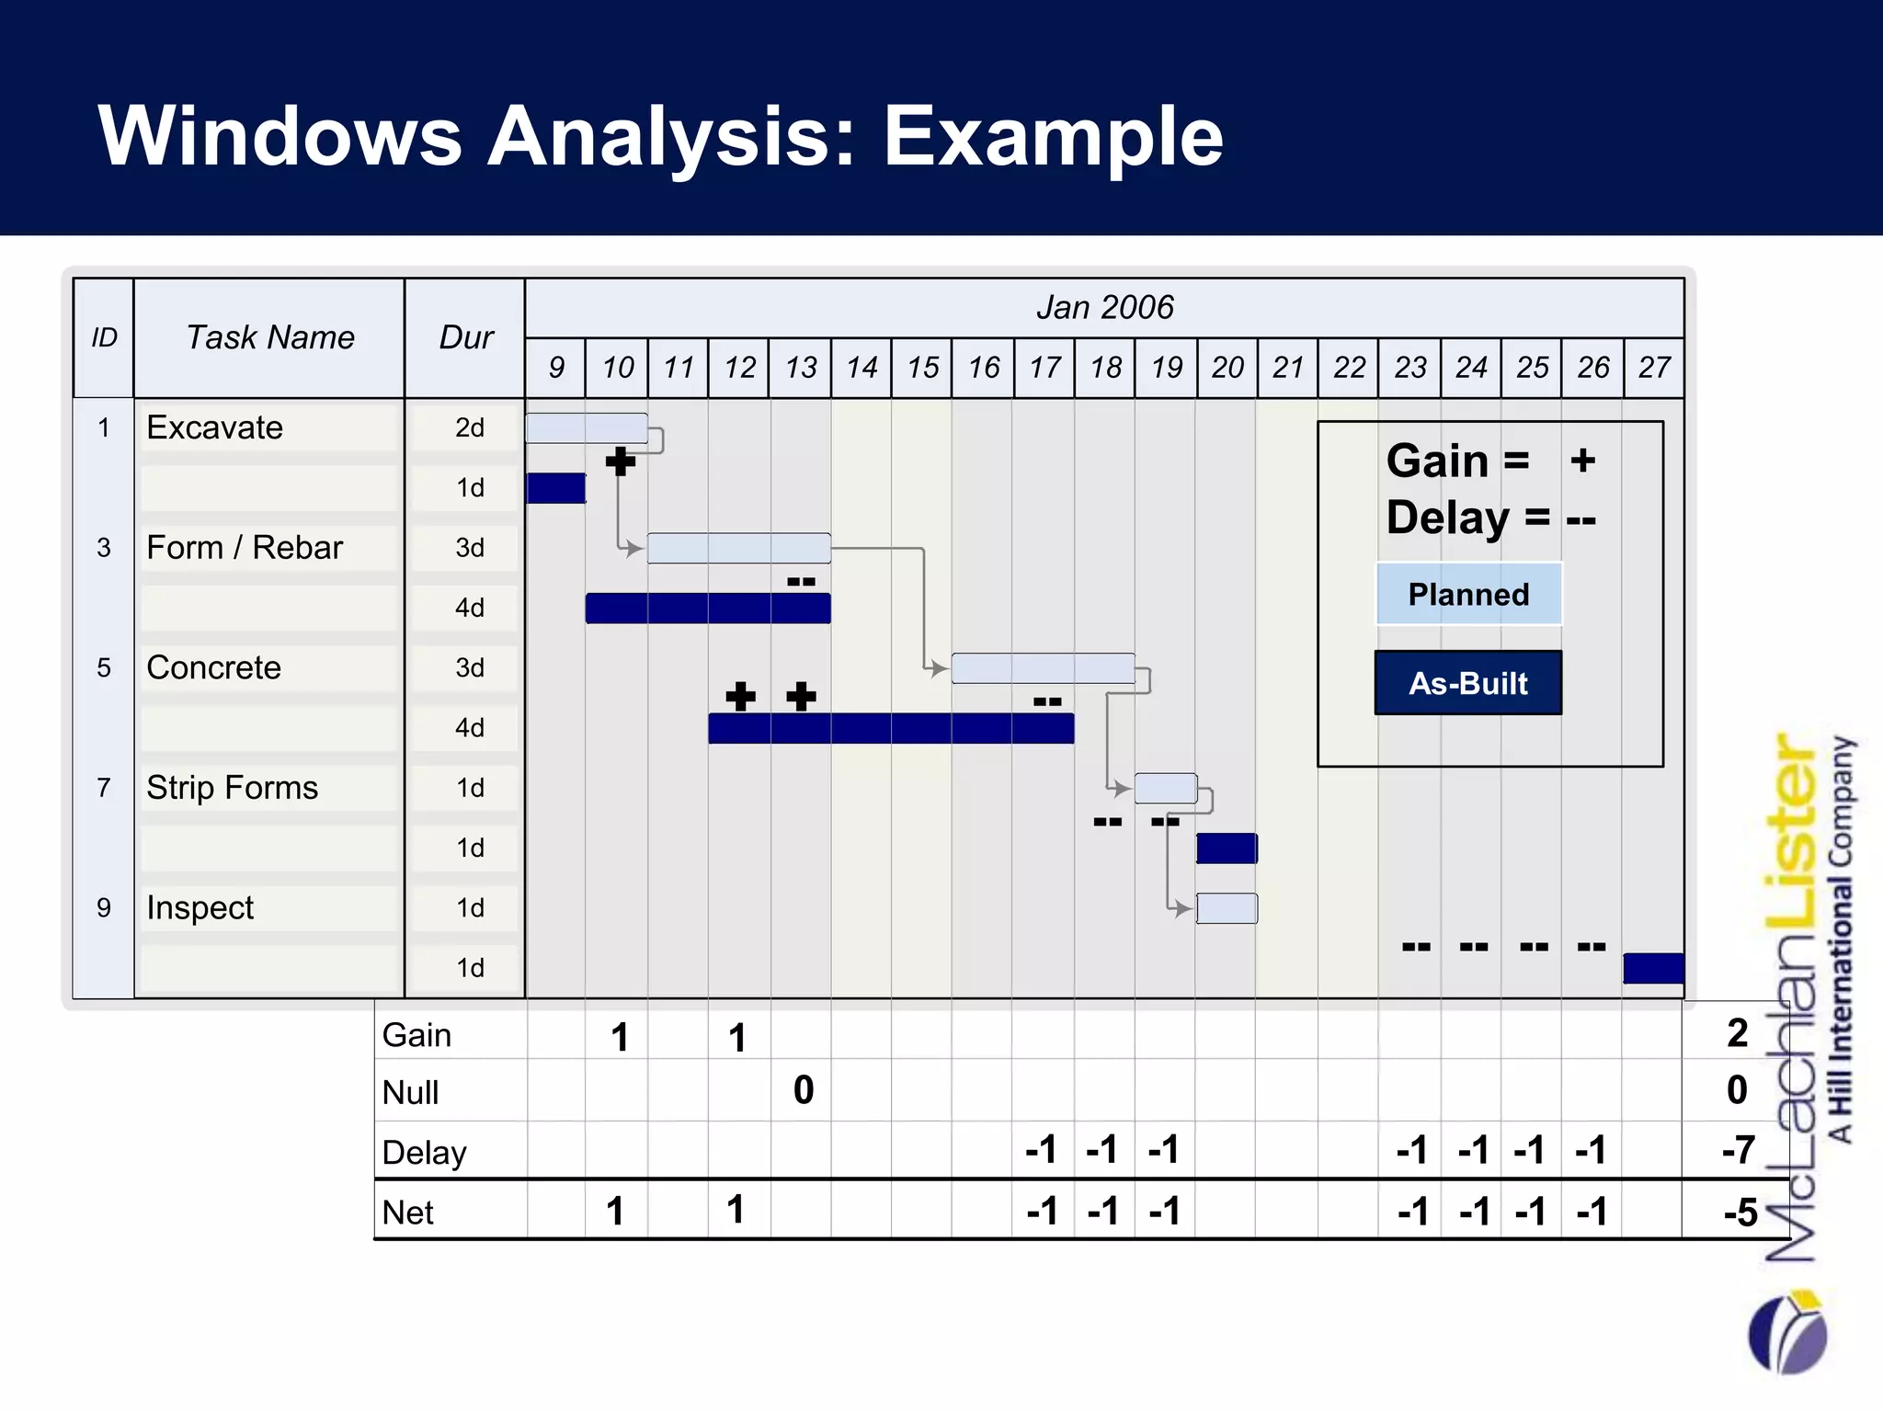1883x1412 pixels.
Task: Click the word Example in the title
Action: [1053, 136]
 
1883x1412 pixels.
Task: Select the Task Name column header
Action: [269, 337]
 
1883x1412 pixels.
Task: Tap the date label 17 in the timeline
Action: [1044, 368]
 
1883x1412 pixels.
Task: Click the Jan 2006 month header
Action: [1104, 307]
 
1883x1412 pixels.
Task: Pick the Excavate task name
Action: [214, 427]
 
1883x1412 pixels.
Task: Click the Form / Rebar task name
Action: [245, 548]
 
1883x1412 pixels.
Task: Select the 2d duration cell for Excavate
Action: [469, 427]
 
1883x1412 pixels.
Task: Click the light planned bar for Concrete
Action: [1043, 668]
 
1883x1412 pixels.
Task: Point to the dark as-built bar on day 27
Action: [1653, 968]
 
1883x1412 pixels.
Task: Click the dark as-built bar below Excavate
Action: [555, 488]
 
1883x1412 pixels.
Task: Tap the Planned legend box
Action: [1468, 594]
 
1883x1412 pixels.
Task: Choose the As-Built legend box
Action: [1468, 683]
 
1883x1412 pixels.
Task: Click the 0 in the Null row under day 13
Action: [803, 1090]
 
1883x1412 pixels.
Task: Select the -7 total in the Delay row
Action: [1738, 1150]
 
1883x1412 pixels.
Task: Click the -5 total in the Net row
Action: [1740, 1213]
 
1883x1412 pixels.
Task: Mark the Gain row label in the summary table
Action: [417, 1035]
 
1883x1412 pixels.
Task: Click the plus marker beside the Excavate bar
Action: [621, 461]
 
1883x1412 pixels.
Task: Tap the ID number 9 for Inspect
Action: [104, 908]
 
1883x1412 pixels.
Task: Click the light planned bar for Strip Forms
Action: [1165, 789]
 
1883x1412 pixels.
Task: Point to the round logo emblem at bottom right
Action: [1787, 1332]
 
